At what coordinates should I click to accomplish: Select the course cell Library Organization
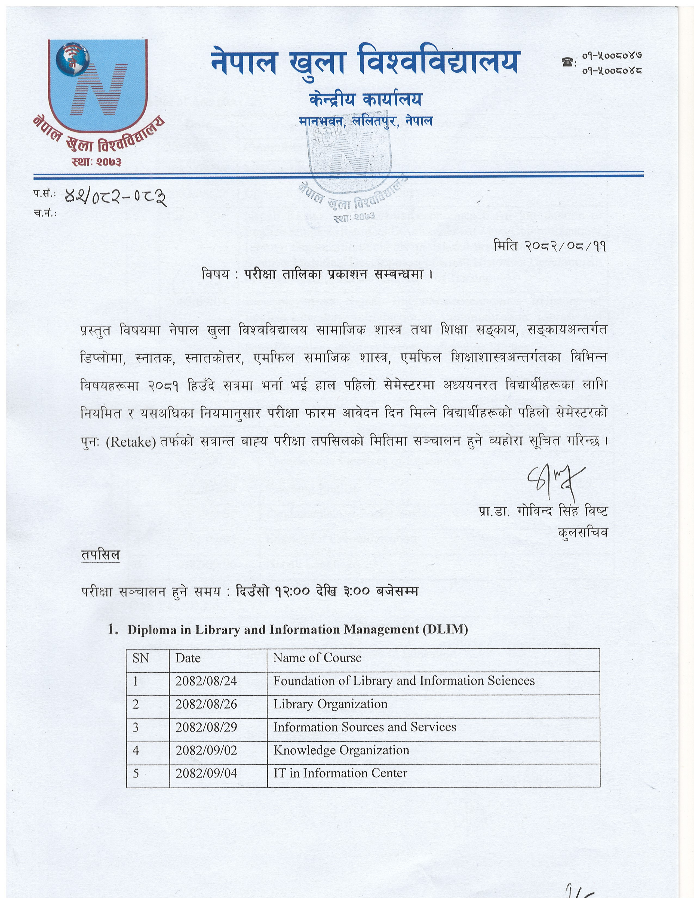pyautogui.click(x=330, y=704)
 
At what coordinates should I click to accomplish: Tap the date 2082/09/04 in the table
pyautogui.click(x=206, y=773)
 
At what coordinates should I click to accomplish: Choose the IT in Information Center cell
pyautogui.click(x=340, y=773)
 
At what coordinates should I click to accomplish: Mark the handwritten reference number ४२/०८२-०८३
pyautogui.click(x=115, y=198)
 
